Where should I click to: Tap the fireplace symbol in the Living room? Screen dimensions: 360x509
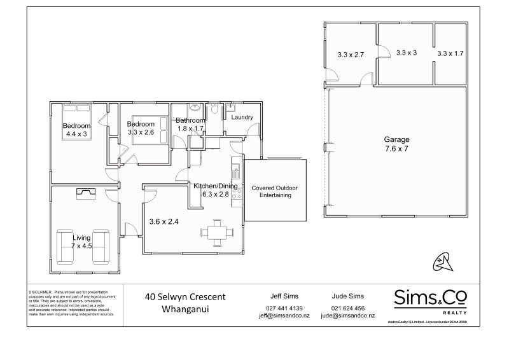(85, 194)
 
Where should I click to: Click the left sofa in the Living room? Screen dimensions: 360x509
(66, 246)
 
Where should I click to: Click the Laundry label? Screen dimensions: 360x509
(242, 117)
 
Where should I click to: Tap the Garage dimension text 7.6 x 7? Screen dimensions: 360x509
(396, 149)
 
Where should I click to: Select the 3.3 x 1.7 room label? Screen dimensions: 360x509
(450, 54)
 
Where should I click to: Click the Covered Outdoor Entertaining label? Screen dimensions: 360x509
(274, 191)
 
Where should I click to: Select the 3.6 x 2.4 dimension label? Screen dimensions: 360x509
(163, 222)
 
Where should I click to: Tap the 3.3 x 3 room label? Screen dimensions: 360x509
(406, 53)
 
